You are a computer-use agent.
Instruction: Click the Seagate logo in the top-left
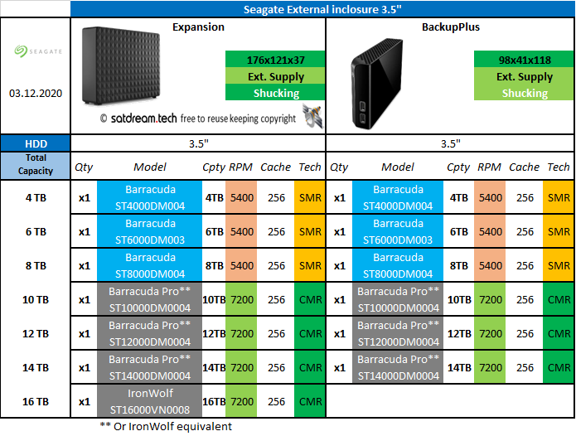click(x=35, y=51)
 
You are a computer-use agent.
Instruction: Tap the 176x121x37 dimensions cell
click(x=274, y=61)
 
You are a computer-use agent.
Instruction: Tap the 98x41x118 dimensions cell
click(x=524, y=61)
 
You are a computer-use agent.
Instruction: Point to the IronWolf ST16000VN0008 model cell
click(x=149, y=401)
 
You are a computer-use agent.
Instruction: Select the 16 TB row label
click(x=35, y=401)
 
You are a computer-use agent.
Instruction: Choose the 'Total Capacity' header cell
click(x=35, y=164)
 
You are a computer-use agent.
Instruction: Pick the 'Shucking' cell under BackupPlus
click(x=524, y=94)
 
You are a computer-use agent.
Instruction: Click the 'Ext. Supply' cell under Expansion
click(x=274, y=77)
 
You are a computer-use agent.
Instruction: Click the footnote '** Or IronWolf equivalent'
click(x=165, y=426)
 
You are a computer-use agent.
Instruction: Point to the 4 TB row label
click(x=35, y=198)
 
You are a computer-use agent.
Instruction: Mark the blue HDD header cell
click(x=35, y=143)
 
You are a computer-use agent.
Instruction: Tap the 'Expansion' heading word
click(x=198, y=27)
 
